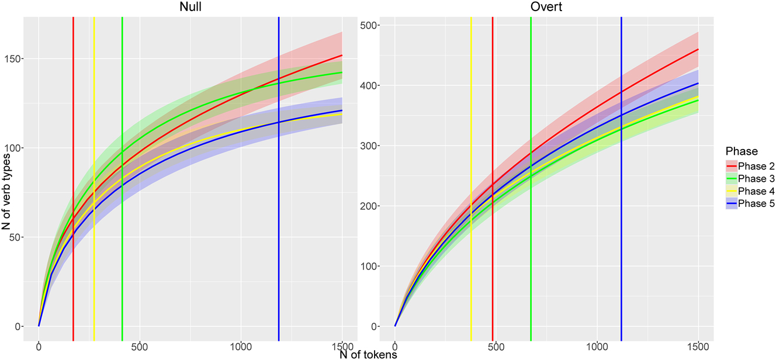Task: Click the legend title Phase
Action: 739,151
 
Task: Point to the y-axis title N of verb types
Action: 6,187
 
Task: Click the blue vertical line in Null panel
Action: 279,175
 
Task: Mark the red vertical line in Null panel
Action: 73,175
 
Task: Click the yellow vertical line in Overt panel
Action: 471,175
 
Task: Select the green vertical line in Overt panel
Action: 531,175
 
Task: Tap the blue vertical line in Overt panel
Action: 621,175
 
